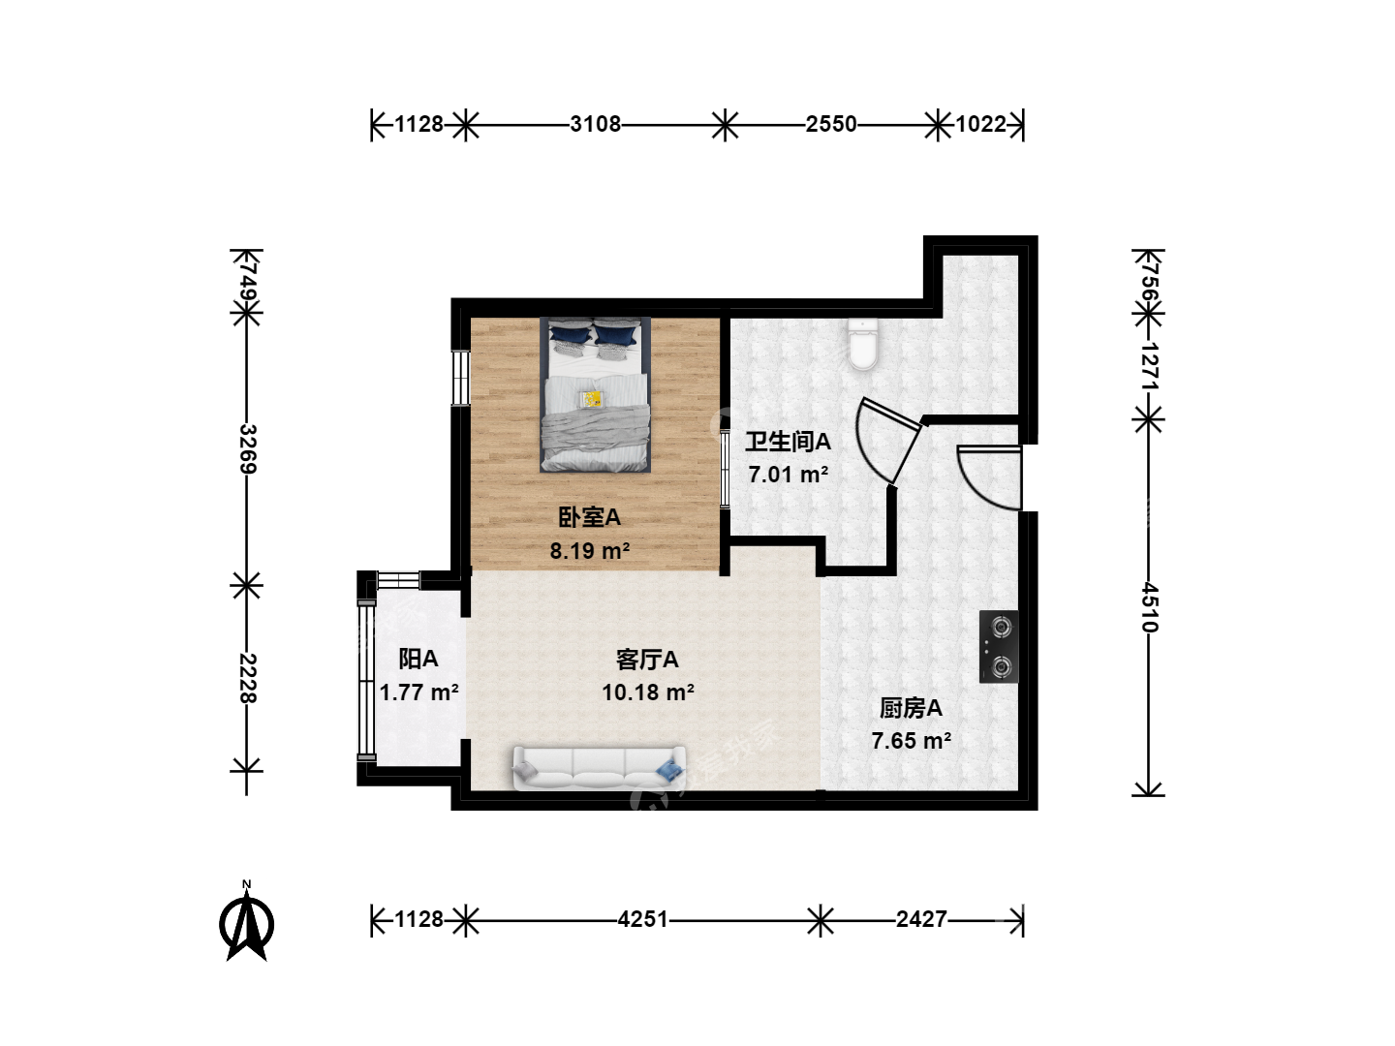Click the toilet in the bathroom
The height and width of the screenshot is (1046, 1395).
(863, 344)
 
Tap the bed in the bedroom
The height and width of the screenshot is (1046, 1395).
(596, 394)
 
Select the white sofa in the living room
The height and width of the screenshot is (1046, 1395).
(599, 768)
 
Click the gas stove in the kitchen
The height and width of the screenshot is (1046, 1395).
(999, 647)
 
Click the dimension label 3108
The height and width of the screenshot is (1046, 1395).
(595, 124)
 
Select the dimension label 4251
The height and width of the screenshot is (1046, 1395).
(642, 919)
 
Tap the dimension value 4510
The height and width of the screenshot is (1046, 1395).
(1149, 607)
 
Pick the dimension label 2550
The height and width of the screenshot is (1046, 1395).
(831, 124)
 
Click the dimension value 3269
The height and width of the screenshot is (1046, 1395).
(247, 449)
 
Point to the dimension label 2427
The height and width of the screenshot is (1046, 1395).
(921, 919)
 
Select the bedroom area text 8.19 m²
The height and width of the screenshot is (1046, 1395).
(590, 550)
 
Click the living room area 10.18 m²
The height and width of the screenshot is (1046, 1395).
(648, 692)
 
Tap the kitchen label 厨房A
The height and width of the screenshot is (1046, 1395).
(911, 708)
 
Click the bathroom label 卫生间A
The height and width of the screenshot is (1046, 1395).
(788, 442)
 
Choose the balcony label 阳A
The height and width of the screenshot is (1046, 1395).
(418, 659)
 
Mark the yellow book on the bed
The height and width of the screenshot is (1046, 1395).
(593, 399)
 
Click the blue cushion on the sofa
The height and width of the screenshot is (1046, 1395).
(669, 770)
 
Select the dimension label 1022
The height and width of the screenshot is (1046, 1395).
(981, 124)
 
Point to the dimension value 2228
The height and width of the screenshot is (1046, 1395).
(247, 678)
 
